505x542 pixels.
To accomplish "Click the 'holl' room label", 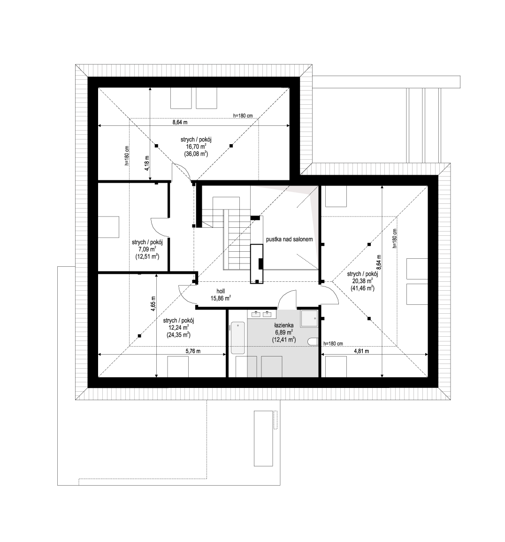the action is coord(221,291).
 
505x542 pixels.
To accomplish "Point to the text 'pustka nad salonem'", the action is coord(289,239).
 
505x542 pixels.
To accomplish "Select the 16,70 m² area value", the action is coord(196,146).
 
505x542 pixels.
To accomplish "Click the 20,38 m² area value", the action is coord(362,280).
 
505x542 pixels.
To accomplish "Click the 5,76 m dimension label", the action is coord(193,351).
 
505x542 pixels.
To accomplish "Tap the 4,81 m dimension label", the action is coord(361,351).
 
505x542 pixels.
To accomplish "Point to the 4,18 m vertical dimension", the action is coord(146,163).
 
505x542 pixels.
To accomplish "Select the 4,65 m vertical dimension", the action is coord(153,304).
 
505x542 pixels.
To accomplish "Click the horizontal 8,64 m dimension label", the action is coord(180,122).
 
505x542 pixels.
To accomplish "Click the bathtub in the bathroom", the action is coord(237,338).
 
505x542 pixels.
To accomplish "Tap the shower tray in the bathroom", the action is coord(309,318).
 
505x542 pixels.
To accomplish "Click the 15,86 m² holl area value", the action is coord(221,298).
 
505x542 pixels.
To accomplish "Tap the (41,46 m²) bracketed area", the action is coord(362,287).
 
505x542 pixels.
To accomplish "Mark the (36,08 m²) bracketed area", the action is coord(196,154).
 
